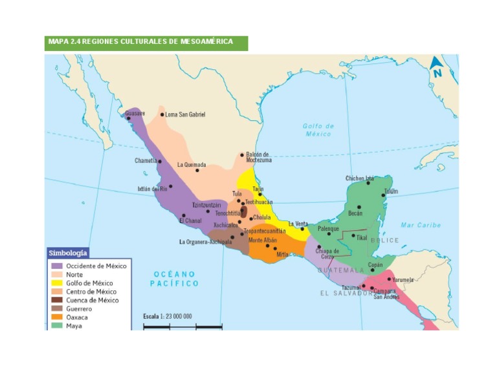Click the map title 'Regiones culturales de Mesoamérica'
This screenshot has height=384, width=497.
(140, 42)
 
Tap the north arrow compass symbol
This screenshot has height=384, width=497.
(437, 66)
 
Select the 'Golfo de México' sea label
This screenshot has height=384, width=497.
(318, 130)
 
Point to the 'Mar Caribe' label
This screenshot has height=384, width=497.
(420, 225)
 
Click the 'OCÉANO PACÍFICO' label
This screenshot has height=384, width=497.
(175, 279)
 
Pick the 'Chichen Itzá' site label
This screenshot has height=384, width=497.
(360, 178)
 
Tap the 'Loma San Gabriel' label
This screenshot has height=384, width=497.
(185, 114)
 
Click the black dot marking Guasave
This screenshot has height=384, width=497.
(129, 118)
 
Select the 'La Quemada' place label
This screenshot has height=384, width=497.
(192, 165)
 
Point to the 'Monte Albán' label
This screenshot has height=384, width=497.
(263, 240)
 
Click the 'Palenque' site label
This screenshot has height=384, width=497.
(329, 228)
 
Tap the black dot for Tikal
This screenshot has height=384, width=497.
(353, 236)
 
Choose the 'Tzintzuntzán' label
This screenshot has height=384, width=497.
(206, 205)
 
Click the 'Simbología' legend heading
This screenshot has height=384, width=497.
(68, 253)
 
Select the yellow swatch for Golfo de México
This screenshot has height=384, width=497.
(57, 283)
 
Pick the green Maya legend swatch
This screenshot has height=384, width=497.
(57, 326)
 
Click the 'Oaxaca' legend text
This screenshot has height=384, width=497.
(77, 317)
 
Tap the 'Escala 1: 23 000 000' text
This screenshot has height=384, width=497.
(168, 316)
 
